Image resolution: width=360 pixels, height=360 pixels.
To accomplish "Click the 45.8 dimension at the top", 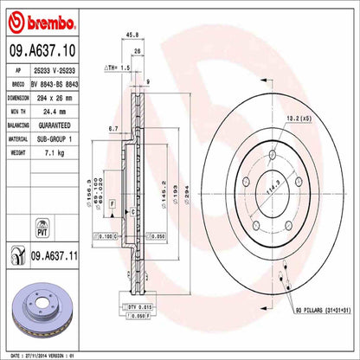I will [132, 36].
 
